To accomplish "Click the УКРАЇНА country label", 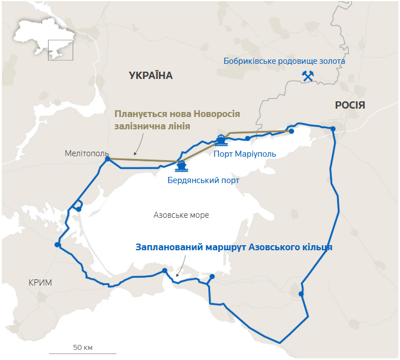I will click(x=151, y=76).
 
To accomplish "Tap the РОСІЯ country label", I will click(x=350, y=105).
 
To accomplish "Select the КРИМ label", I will click(x=40, y=282).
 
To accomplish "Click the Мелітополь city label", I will click(x=87, y=153).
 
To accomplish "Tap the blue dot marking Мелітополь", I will click(x=108, y=159).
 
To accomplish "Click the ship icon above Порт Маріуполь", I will click(x=221, y=139).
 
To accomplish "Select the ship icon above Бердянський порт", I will click(x=181, y=166).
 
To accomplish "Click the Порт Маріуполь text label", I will click(x=245, y=154).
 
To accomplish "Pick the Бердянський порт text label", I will click(x=203, y=180).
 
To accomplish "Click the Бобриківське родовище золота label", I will click(x=284, y=61).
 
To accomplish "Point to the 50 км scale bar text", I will click(x=83, y=347).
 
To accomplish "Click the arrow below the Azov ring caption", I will click(x=179, y=274).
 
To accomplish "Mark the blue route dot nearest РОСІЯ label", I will click(x=333, y=129).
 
